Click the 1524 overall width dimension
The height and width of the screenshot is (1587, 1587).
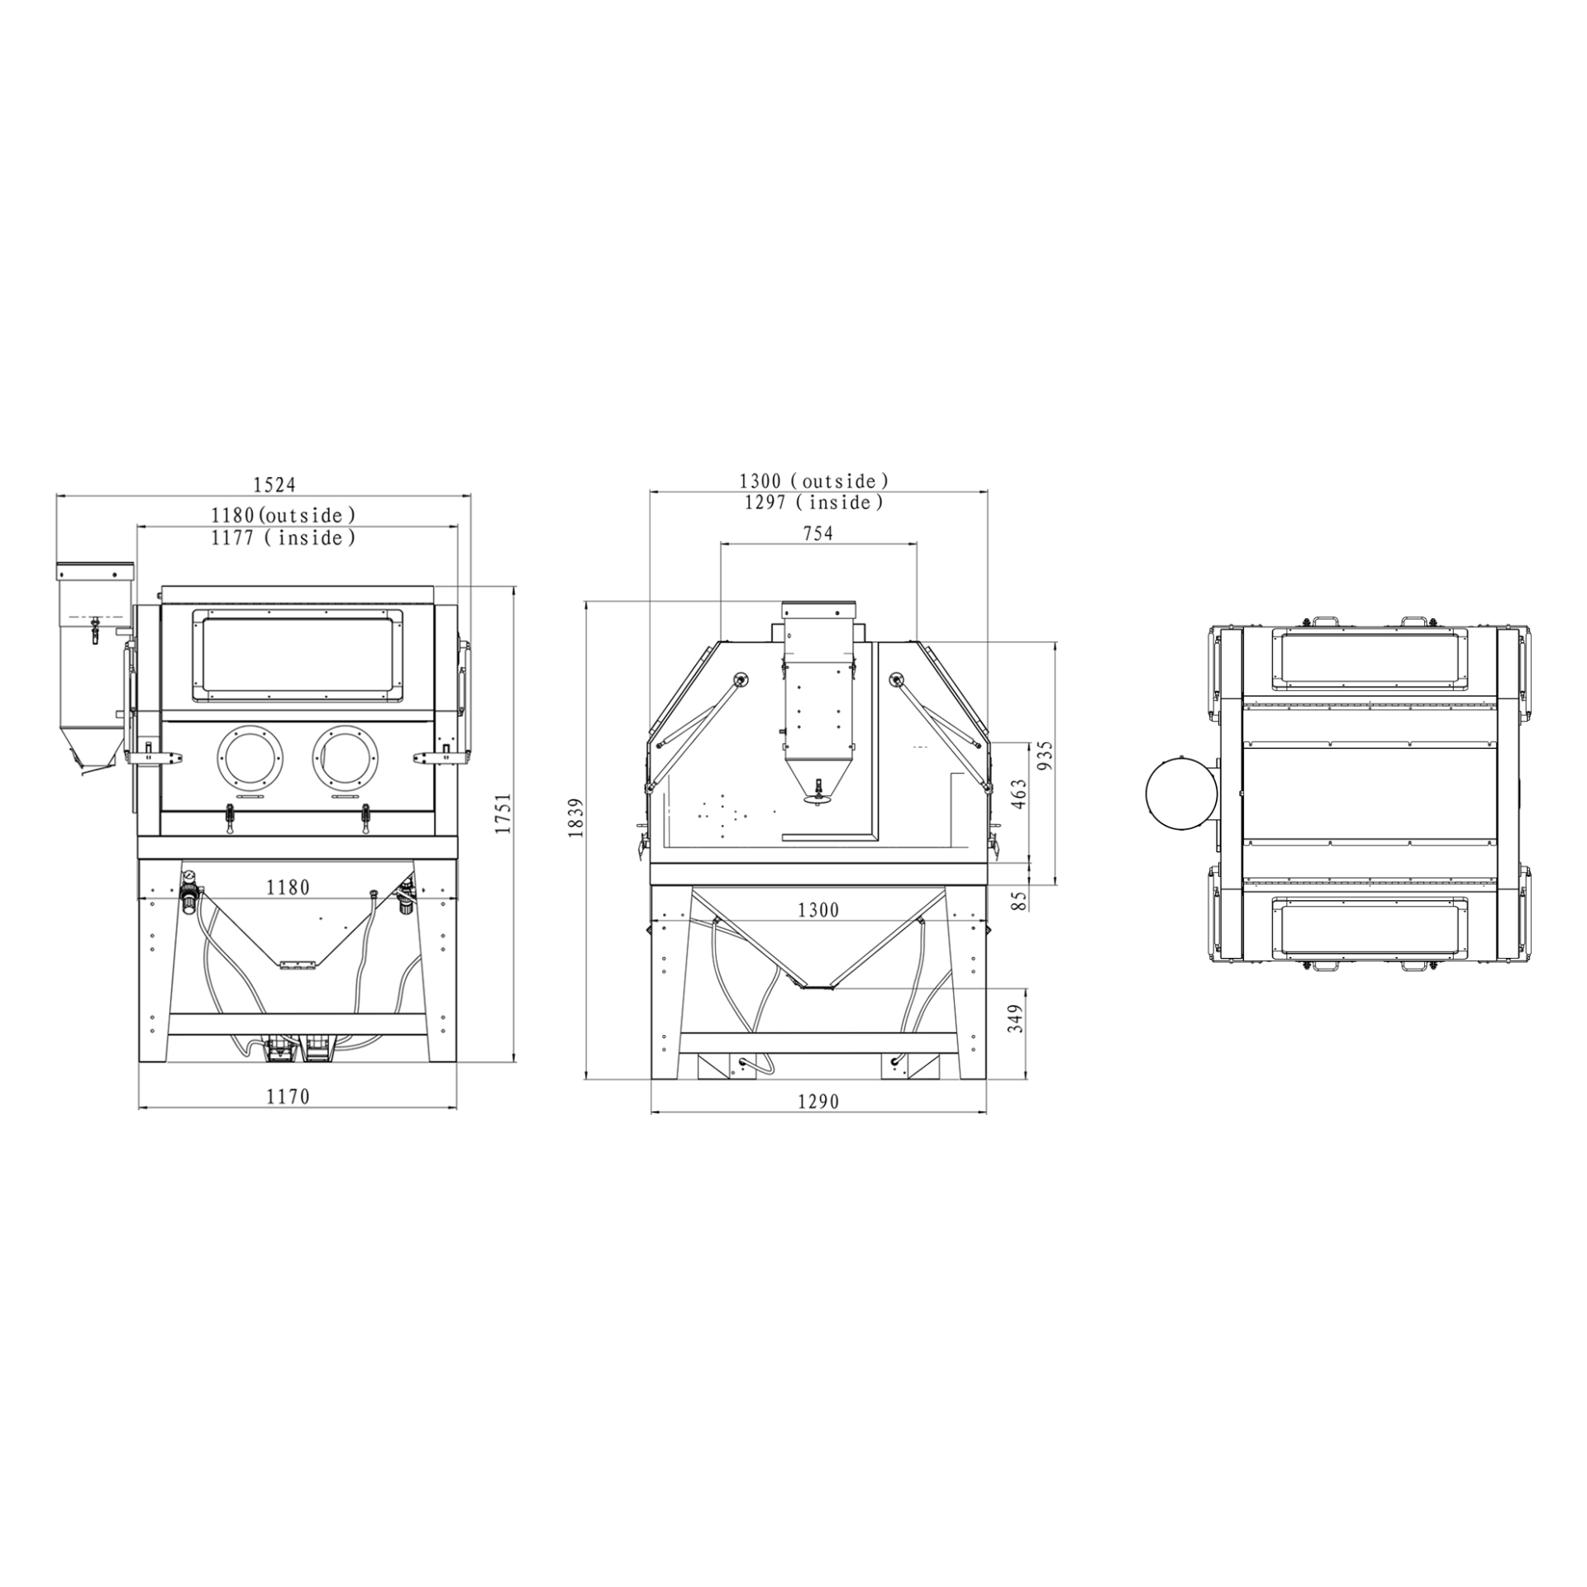[x=274, y=484]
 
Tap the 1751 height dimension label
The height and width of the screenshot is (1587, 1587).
[x=503, y=813]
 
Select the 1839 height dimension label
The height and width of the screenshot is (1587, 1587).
[x=576, y=817]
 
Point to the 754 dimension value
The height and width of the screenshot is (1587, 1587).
[x=817, y=533]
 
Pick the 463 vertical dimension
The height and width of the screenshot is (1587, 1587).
[x=1019, y=794]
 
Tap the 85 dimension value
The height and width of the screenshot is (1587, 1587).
[x=1019, y=899]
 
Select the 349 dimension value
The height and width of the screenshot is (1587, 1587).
[x=1017, y=1017]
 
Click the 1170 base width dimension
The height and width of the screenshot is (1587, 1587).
[x=288, y=1096]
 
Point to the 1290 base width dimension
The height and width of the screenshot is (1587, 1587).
[x=818, y=1101]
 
